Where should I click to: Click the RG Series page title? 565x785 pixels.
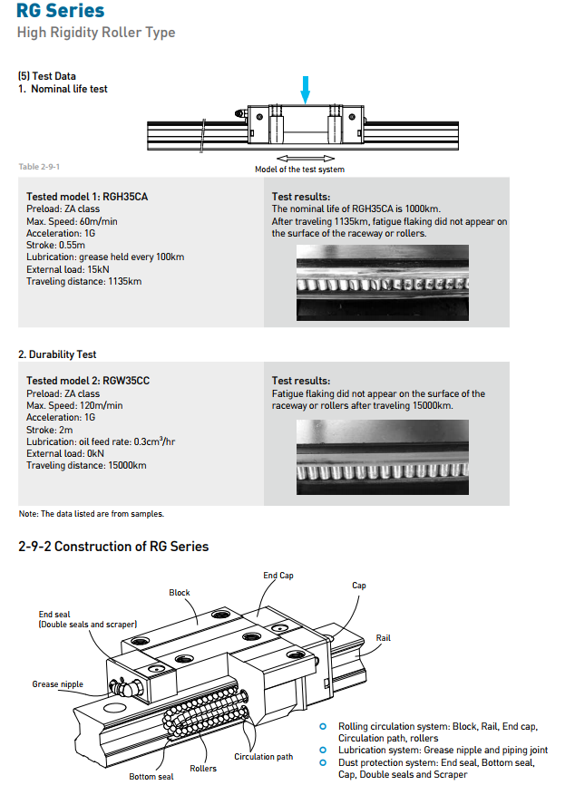(x=60, y=12)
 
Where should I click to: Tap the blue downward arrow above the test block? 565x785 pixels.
(x=306, y=89)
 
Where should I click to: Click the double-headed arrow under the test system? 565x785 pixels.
(x=298, y=158)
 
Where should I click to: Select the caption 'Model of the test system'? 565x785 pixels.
(x=299, y=170)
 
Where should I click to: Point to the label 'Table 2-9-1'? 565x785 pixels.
(x=39, y=167)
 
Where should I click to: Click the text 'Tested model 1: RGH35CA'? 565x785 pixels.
(x=88, y=197)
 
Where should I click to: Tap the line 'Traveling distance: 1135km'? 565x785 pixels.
(x=84, y=281)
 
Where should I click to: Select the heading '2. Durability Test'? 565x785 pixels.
(x=57, y=354)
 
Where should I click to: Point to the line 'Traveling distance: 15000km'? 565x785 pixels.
(x=86, y=465)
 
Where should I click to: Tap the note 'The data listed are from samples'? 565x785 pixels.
(x=92, y=514)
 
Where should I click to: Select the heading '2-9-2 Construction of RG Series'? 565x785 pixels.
(x=113, y=547)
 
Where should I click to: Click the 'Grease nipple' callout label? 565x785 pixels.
(x=58, y=684)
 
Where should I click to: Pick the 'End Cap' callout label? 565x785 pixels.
(x=278, y=576)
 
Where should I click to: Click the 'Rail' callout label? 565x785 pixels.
(x=384, y=638)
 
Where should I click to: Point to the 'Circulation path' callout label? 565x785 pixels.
(x=264, y=757)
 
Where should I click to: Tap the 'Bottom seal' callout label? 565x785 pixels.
(x=151, y=776)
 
